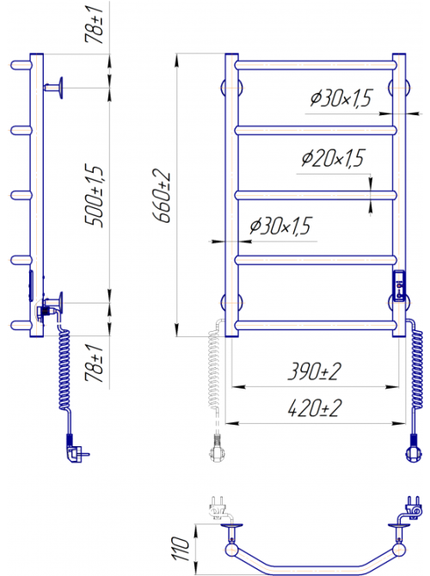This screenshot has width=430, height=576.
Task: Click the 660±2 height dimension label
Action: click(x=162, y=196)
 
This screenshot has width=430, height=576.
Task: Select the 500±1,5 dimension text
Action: click(x=94, y=196)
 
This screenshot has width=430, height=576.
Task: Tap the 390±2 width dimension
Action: click(x=314, y=371)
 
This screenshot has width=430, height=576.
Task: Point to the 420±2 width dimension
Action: click(x=314, y=408)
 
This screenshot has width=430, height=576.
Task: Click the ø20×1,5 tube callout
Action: click(x=333, y=158)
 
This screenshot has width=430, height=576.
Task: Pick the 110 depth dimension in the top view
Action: click(x=181, y=548)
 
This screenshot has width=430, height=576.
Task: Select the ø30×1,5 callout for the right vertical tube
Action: click(x=341, y=98)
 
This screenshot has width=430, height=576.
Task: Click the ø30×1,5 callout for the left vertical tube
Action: click(x=280, y=225)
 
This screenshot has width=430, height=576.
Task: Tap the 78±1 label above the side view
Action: click(x=94, y=25)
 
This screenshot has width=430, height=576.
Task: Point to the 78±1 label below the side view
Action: click(x=94, y=363)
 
